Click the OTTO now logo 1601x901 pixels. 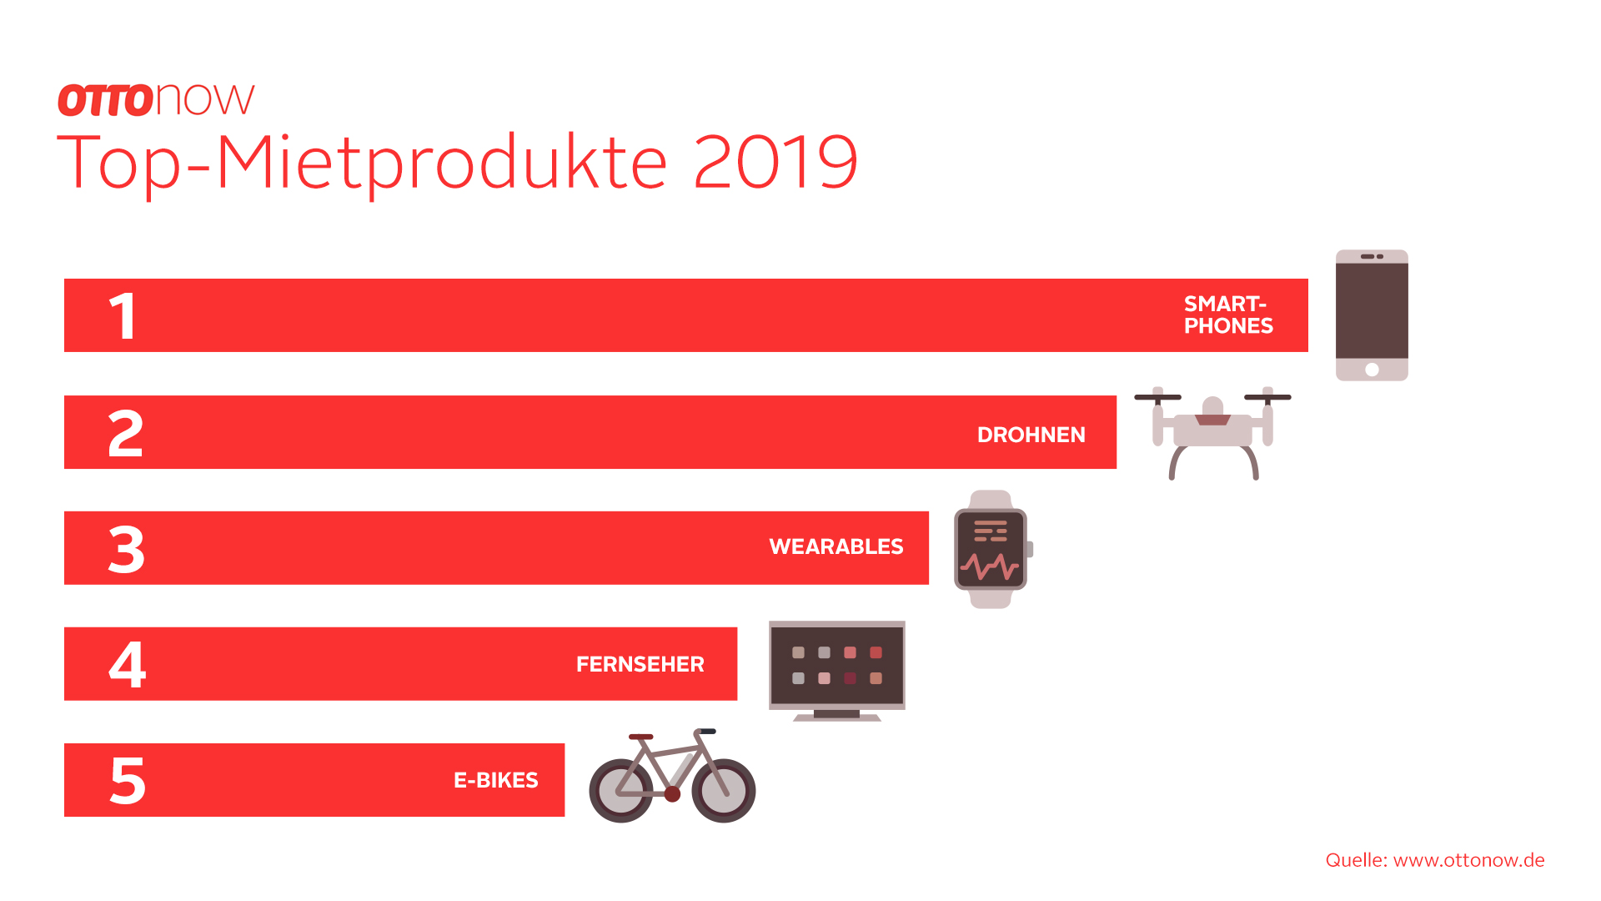(x=156, y=100)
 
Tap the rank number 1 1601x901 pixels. (x=123, y=316)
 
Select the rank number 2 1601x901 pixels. (x=125, y=433)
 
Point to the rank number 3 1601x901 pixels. (x=126, y=549)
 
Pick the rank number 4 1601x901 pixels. (x=128, y=665)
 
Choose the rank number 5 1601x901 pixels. (x=128, y=781)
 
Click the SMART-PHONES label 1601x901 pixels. (x=1228, y=315)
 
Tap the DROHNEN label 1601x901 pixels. (x=1031, y=435)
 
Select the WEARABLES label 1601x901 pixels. (x=836, y=546)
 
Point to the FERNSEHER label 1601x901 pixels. (x=640, y=664)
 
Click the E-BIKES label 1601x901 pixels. (x=496, y=780)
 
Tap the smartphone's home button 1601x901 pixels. (x=1372, y=370)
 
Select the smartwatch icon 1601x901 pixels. (x=992, y=549)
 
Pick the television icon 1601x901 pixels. (x=837, y=671)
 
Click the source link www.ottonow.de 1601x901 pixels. (x=1469, y=860)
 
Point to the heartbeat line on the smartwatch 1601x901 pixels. (x=990, y=567)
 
